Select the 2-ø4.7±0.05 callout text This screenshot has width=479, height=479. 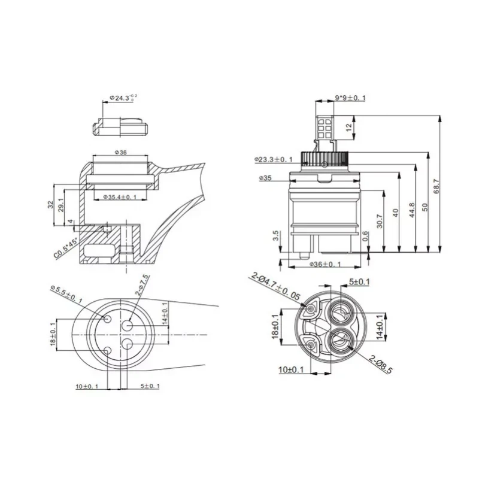(277, 286)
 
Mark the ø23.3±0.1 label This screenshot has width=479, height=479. (272, 160)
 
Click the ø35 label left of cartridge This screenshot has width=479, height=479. (266, 178)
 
